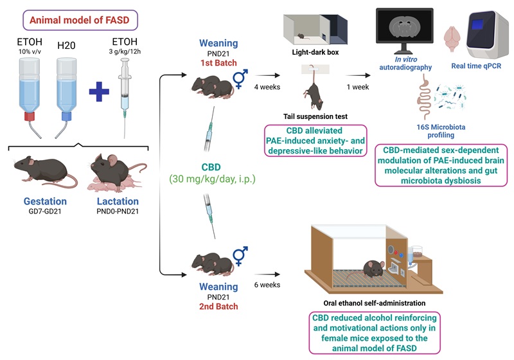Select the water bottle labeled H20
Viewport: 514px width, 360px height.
coord(67,89)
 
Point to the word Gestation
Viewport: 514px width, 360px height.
coord(45,201)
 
